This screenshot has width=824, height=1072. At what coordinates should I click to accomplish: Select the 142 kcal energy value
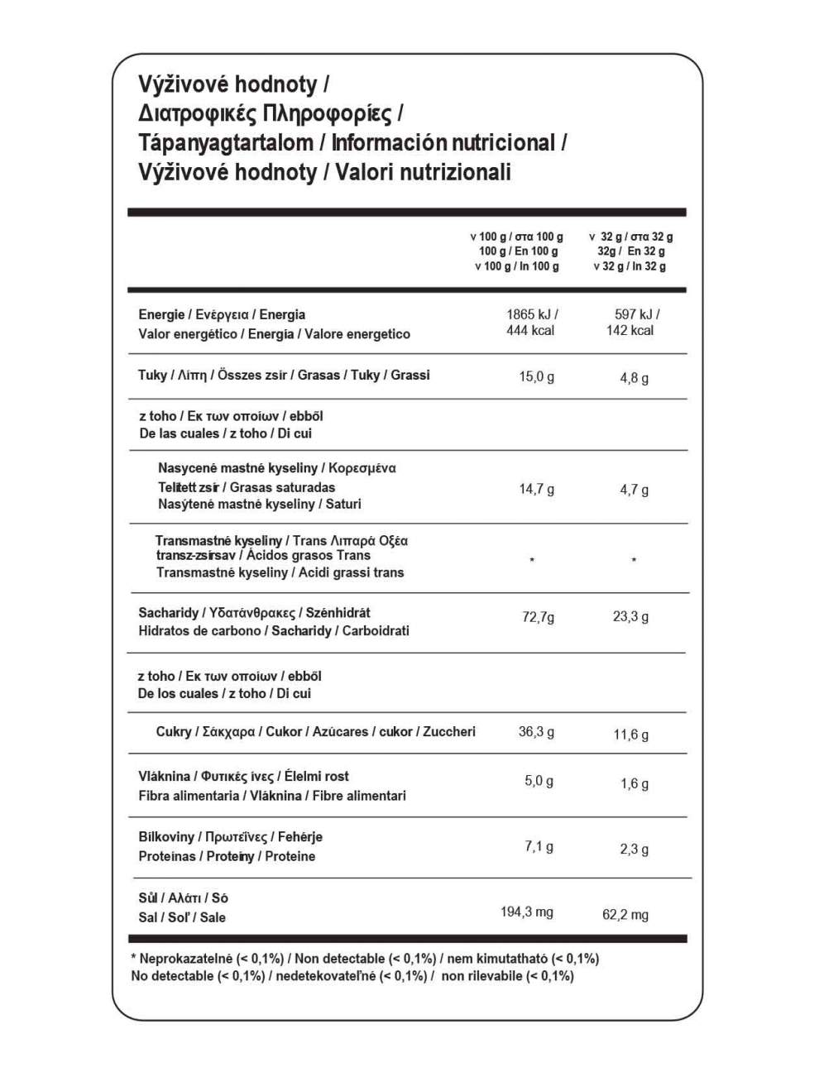point(630,331)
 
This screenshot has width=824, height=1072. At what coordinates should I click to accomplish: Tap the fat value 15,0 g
point(536,377)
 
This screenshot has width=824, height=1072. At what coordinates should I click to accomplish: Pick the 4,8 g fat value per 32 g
point(634,379)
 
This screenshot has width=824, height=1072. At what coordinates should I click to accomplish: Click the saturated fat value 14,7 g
point(536,490)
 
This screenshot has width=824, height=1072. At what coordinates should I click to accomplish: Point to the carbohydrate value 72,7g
point(538,617)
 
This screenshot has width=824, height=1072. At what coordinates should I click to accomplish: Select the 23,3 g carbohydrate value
point(630,617)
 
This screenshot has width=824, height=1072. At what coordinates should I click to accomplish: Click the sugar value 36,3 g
point(536,732)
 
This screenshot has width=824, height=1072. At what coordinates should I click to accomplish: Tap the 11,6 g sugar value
point(630,735)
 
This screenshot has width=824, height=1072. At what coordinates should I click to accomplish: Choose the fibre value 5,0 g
point(539,781)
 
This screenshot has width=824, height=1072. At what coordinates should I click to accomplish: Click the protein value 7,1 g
point(539,846)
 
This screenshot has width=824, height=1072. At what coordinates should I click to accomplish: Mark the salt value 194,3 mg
point(526,912)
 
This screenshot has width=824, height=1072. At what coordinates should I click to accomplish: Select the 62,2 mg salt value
point(625,915)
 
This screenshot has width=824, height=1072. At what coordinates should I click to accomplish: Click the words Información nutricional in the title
point(443,142)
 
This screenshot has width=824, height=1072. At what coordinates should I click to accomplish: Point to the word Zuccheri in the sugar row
point(449,732)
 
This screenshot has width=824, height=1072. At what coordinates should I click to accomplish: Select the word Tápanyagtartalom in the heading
point(227,142)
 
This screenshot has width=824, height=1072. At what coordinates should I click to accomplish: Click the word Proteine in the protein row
point(290,857)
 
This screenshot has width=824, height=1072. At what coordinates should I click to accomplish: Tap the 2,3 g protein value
point(634,849)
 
